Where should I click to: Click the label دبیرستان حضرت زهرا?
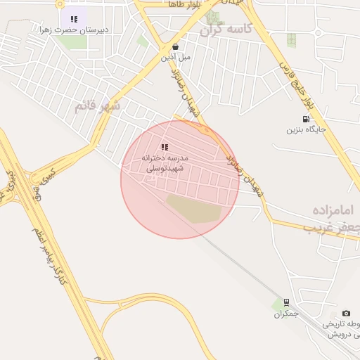[74, 32]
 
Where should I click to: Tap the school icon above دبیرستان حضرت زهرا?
[74, 19]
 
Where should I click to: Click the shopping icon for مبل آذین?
[174, 47]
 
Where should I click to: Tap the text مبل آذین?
[174, 58]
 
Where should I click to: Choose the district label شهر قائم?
[97, 106]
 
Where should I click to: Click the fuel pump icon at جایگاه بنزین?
[305, 119]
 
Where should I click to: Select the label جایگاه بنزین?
[304, 130]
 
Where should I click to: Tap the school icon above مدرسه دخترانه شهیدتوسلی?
[164, 147]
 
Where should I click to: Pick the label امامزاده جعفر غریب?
[333, 219]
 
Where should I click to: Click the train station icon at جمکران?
[286, 302]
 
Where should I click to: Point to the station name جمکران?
[286, 314]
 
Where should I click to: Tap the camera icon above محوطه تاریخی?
[346, 314]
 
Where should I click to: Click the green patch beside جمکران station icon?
[276, 304]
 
